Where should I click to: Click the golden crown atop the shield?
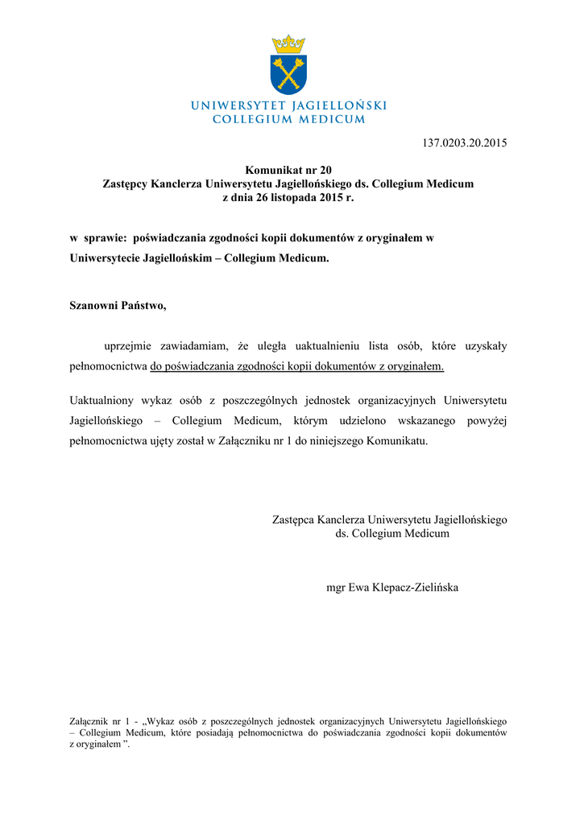pyautogui.click(x=288, y=43)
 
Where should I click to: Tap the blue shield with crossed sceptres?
pyautogui.click(x=288, y=73)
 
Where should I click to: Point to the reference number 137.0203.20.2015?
pyautogui.click(x=465, y=143)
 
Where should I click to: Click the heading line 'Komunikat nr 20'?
pyautogui.click(x=288, y=170)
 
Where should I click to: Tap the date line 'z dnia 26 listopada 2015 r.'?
pyautogui.click(x=288, y=197)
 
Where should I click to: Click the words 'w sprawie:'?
pyautogui.click(x=98, y=238)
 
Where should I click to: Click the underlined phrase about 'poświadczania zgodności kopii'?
pyautogui.click(x=297, y=366)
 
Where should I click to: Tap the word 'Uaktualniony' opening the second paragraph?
pyautogui.click(x=101, y=400)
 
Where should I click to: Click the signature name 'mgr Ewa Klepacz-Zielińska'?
pyautogui.click(x=392, y=587)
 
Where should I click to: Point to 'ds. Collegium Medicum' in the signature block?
pyautogui.click(x=392, y=534)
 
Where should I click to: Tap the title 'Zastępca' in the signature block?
pyautogui.click(x=293, y=520)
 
